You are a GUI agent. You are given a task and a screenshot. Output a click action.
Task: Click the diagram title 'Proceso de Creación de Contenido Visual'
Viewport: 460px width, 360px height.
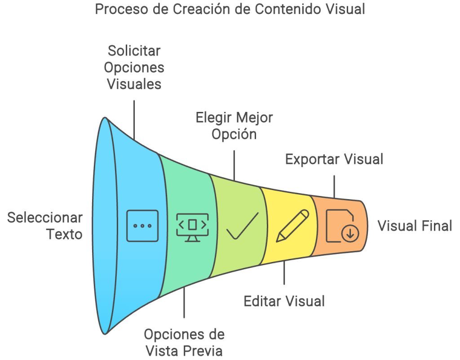point(230,9)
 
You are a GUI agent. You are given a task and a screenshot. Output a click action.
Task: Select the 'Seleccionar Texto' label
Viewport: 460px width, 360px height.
point(45,226)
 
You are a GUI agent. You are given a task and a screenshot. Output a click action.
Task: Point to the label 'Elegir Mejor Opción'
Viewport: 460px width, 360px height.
point(234,126)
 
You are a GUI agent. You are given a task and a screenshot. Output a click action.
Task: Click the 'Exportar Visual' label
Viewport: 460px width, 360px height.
point(334,159)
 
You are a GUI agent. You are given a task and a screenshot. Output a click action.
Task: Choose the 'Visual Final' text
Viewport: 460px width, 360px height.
point(415,226)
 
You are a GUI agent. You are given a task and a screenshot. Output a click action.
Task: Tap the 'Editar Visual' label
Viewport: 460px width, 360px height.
point(284,301)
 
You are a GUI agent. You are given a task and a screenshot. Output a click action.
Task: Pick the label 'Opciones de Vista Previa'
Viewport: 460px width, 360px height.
point(184,342)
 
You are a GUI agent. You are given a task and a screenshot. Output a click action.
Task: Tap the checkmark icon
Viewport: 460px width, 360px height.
point(242,226)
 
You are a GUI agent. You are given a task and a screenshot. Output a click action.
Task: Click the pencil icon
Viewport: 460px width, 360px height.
point(292,226)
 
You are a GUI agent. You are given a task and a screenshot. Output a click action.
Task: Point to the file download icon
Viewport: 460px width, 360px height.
point(341,226)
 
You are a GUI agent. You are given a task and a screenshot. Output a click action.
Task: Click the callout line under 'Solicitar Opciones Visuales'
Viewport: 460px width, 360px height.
point(134,119)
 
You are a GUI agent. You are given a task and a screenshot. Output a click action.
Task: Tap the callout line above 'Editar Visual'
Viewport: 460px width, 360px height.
point(284,272)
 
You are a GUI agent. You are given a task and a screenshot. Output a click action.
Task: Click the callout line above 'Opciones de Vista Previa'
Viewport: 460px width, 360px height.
point(184,303)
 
